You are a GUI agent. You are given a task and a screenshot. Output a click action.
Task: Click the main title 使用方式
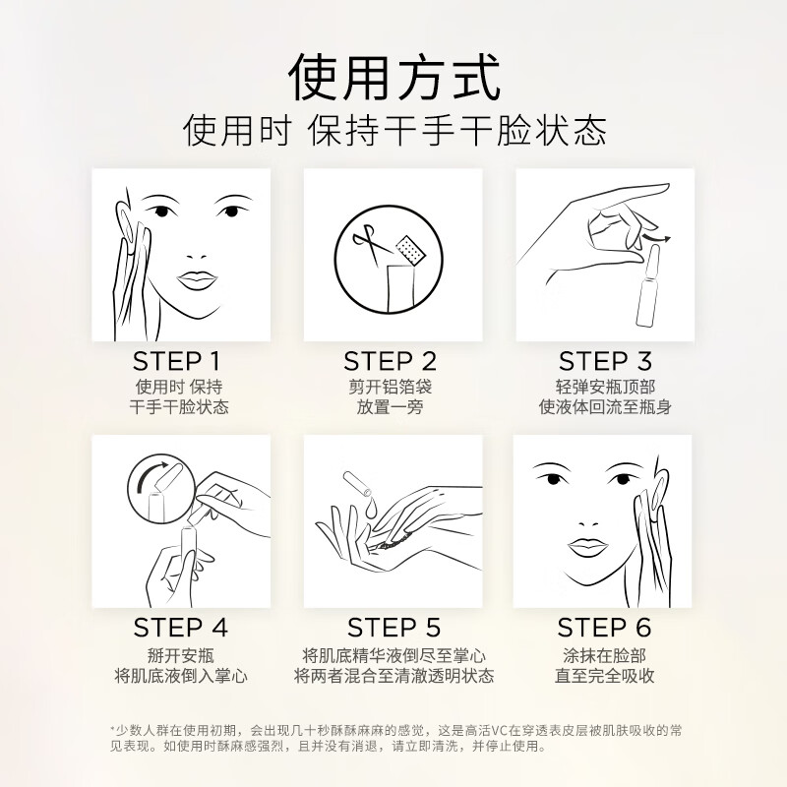tap(394, 79)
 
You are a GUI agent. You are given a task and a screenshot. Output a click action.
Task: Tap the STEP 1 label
tap(177, 361)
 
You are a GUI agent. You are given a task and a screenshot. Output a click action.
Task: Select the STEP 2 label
tap(390, 361)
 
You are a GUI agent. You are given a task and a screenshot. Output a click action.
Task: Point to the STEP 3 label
tap(605, 361)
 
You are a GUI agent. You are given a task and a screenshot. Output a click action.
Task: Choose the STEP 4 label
tap(180, 627)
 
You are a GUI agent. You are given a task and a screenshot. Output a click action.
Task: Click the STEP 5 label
tap(393, 627)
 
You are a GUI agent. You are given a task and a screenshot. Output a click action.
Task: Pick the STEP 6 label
tap(604, 627)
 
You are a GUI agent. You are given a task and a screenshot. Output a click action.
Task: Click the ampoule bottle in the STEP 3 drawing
tap(648, 287)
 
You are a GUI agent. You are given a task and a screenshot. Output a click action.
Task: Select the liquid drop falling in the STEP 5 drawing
tap(371, 508)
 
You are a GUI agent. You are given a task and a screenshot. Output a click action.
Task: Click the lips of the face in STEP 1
tap(196, 279)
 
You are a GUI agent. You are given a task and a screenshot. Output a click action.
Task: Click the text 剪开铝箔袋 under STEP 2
tap(390, 387)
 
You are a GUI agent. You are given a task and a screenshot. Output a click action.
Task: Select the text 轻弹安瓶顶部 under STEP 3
tap(605, 387)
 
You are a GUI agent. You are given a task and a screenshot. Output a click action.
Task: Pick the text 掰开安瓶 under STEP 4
tap(180, 655)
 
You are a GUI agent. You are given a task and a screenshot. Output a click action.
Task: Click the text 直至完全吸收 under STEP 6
tap(604, 676)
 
